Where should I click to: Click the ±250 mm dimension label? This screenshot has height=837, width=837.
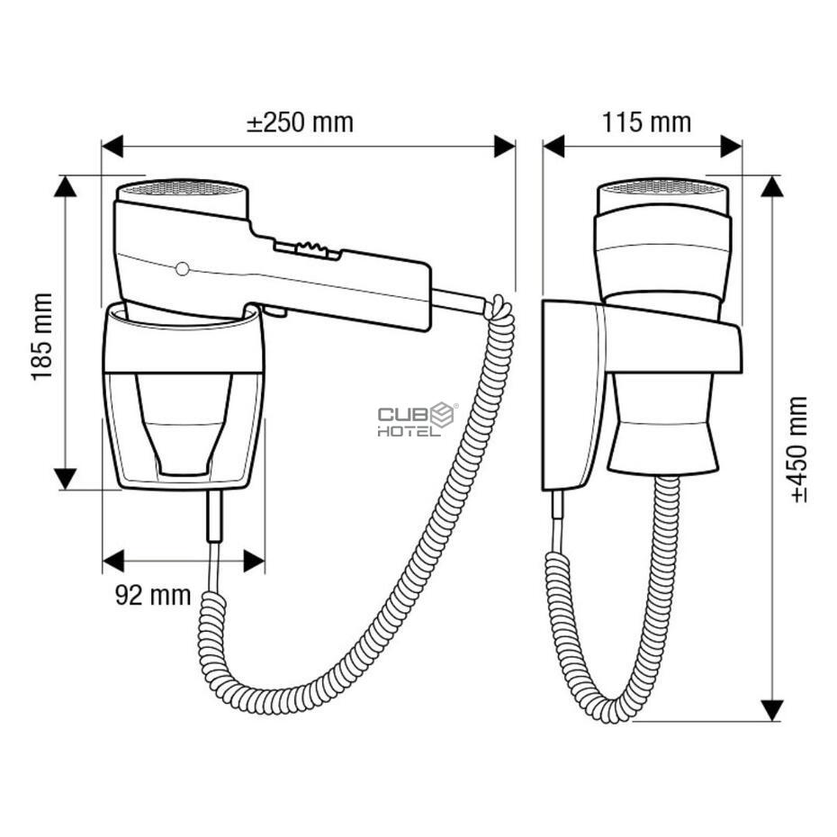click(x=300, y=122)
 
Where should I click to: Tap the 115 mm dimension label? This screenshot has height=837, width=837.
click(x=646, y=122)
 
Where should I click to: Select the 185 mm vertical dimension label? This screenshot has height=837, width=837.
click(x=42, y=337)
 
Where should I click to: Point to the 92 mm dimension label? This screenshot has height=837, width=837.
click(x=153, y=595)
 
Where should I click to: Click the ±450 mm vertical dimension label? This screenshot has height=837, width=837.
click(x=798, y=449)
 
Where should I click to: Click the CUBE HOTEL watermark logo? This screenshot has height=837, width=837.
click(x=417, y=419)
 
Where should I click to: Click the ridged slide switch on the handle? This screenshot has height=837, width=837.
click(x=308, y=249)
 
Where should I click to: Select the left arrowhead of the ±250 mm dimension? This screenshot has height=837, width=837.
click(x=112, y=147)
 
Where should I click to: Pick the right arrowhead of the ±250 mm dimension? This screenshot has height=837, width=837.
click(x=504, y=147)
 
